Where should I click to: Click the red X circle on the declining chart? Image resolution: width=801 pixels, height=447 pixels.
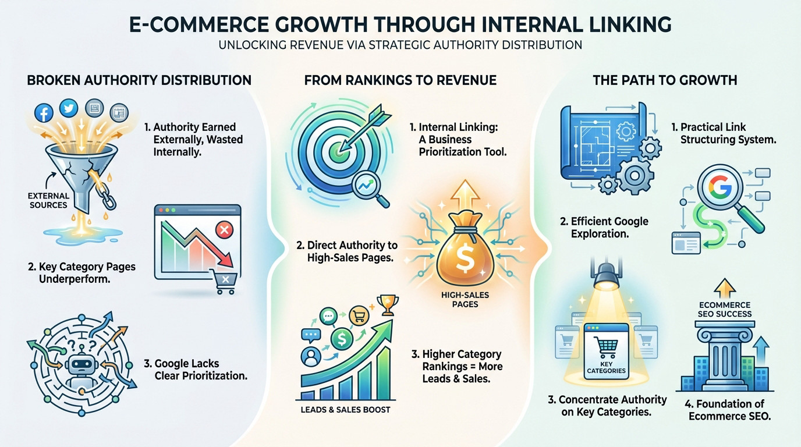click(224, 230)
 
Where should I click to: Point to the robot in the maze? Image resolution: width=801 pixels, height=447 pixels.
click(78, 367)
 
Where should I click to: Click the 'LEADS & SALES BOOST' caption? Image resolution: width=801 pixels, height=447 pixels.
click(345, 409)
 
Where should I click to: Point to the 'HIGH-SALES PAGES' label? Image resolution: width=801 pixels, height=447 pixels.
click(466, 300)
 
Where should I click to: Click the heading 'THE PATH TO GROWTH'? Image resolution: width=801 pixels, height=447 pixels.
click(665, 80)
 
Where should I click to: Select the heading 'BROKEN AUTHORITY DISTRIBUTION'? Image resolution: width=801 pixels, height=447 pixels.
click(139, 80)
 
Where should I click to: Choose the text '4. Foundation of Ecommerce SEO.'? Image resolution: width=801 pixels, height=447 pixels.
click(729, 410)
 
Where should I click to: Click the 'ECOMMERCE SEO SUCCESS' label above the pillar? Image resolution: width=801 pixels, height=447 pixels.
click(725, 310)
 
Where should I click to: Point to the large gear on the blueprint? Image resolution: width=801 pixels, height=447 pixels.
click(635, 173)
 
